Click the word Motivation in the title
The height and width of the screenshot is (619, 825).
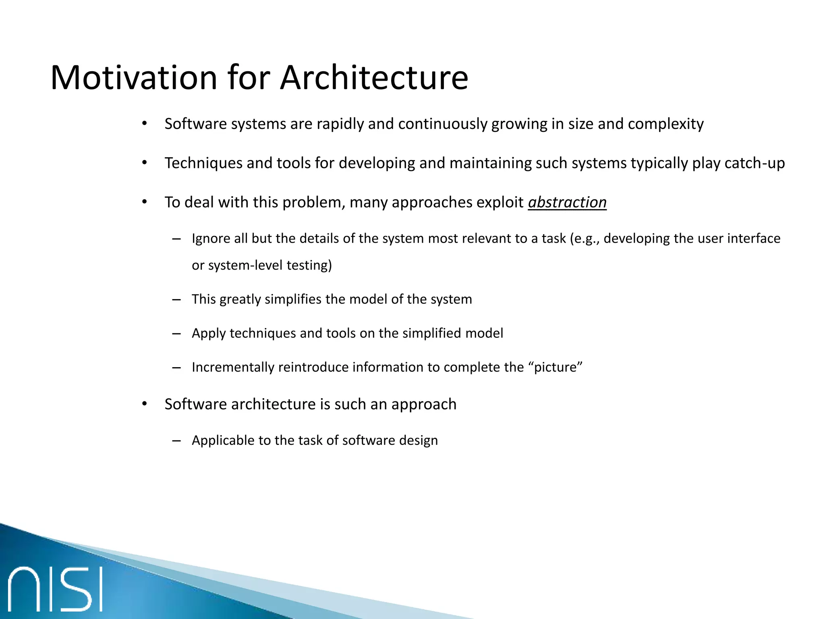coord(134,77)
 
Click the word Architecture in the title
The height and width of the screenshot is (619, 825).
coord(374,77)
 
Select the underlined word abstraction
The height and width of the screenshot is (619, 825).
coord(567,202)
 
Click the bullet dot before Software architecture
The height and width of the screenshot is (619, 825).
coord(145,404)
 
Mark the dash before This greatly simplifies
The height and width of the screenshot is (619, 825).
coord(176,299)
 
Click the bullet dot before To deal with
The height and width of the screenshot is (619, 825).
coord(145,202)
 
